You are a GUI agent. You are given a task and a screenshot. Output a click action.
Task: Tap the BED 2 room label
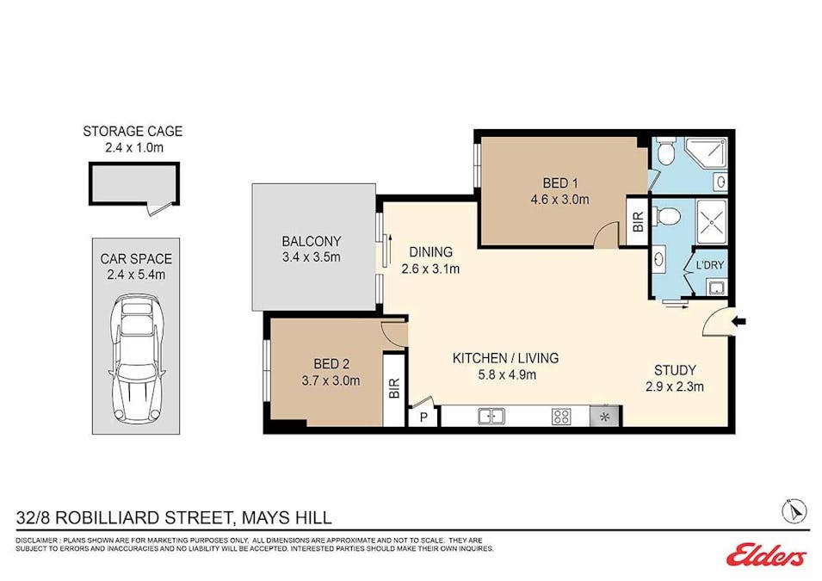pos(331,363)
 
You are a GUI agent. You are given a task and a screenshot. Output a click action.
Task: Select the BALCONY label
pos(312,241)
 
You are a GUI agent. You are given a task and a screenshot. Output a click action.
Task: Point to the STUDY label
pos(675,370)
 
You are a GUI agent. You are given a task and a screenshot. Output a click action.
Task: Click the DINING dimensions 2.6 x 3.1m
pos(430,269)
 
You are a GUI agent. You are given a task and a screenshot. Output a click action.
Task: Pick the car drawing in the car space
pos(136,359)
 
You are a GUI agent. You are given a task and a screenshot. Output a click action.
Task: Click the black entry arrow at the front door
pos(740,321)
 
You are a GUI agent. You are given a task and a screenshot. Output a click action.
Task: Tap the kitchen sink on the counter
pos(491,417)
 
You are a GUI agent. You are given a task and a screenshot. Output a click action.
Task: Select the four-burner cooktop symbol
pos(561,417)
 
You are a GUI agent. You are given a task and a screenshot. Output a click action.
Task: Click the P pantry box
pos(424,417)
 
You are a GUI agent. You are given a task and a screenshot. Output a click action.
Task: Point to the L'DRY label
pos(709,265)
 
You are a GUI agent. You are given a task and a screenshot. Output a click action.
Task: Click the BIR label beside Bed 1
pos(638,221)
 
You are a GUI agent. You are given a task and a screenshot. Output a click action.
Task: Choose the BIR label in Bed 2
pos(395,388)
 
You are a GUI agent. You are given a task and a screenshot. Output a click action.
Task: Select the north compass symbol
pos(794,510)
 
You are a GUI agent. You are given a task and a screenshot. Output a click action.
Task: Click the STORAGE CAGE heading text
pos(133,131)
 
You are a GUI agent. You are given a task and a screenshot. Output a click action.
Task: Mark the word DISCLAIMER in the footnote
pos(36,541)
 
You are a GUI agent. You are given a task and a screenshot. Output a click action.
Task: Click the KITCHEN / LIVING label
pos(505,358)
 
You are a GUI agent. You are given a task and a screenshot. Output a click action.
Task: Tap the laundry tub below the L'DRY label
pos(715,287)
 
